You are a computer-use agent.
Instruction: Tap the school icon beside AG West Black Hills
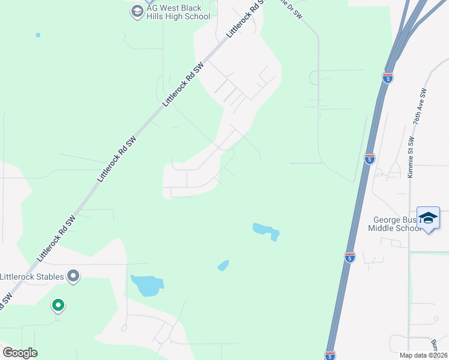(x=137, y=11)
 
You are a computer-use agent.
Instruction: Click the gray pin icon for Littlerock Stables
(x=73, y=275)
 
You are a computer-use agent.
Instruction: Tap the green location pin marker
(x=58, y=305)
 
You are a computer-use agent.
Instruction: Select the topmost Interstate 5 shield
(x=388, y=77)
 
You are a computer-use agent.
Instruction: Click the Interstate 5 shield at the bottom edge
(x=330, y=355)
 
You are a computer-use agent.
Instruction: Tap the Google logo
(x=20, y=353)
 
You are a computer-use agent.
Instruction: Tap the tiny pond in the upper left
(x=38, y=35)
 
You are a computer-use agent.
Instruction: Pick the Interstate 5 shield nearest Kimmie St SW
(x=370, y=159)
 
